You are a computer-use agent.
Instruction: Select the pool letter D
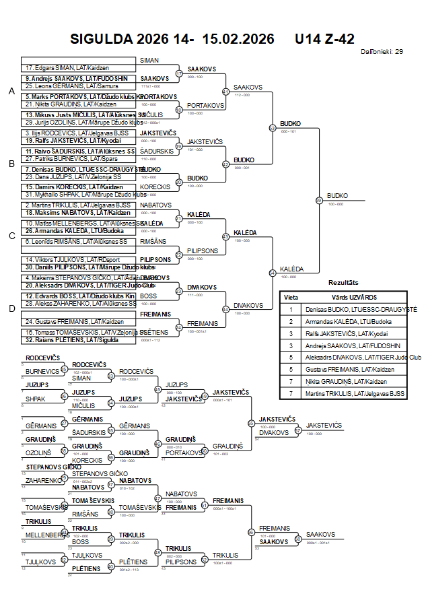click(x=11, y=308)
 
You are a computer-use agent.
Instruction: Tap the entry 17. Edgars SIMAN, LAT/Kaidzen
click(x=67, y=68)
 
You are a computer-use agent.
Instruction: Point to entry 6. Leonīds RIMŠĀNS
click(x=75, y=241)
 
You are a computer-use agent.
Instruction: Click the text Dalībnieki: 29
click(x=382, y=51)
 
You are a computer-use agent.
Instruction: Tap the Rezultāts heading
click(x=343, y=283)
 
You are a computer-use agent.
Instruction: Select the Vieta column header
click(x=291, y=297)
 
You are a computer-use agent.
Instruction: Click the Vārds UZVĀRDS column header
click(x=354, y=297)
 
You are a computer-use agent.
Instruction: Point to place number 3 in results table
click(x=291, y=333)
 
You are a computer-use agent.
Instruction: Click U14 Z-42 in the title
click(x=324, y=39)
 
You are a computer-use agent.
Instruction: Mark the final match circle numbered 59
click(x=318, y=200)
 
